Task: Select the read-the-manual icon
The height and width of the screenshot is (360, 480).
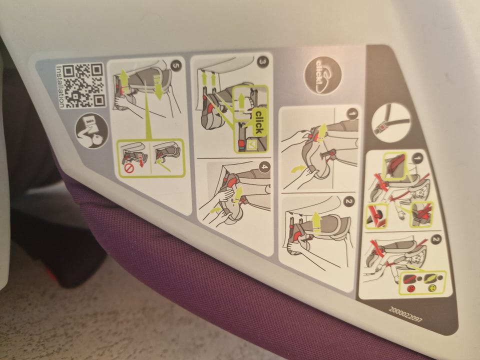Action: (92, 130)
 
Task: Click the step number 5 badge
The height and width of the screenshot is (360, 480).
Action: (176, 65)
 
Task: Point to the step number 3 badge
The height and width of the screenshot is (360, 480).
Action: (262, 62)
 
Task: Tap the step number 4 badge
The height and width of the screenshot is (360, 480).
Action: (264, 167)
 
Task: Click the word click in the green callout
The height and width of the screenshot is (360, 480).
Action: (258, 122)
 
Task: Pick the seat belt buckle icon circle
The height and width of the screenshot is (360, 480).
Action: (391, 122)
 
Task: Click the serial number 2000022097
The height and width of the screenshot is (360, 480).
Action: (405, 314)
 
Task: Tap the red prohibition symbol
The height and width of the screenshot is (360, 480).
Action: (129, 168)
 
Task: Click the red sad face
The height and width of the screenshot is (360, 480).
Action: (410, 288)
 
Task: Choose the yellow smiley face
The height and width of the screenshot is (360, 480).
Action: (431, 288)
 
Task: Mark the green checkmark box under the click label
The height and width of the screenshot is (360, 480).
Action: (252, 145)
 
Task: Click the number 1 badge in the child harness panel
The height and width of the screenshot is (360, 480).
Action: (417, 158)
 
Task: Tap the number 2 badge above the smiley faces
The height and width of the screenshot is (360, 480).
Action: (436, 239)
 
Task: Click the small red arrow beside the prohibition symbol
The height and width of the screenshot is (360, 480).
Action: (141, 161)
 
